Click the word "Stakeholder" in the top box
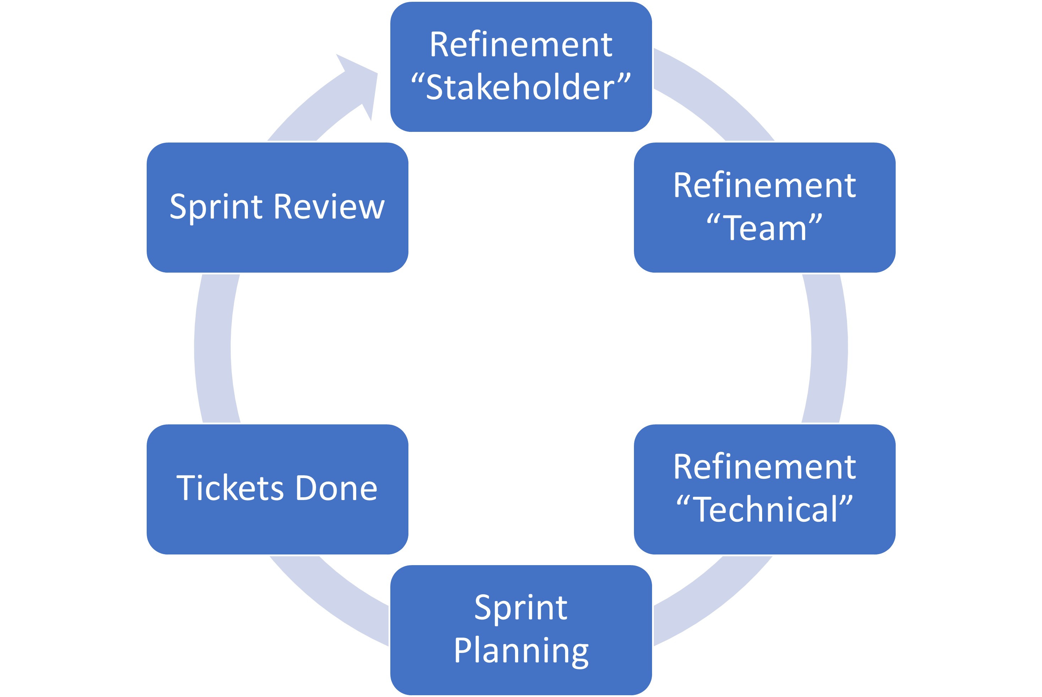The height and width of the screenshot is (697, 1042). [x=521, y=87]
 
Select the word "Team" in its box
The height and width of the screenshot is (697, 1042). [x=765, y=229]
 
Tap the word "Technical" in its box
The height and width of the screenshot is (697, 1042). [x=765, y=510]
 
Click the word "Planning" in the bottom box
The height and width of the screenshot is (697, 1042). [x=521, y=651]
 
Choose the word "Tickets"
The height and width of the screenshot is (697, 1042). [x=230, y=488]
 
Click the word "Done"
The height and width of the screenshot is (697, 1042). [x=336, y=488]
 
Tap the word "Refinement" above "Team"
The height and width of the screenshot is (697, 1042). [x=764, y=186]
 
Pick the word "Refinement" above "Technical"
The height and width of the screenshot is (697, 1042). [x=764, y=467]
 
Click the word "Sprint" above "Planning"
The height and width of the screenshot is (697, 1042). [x=521, y=608]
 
